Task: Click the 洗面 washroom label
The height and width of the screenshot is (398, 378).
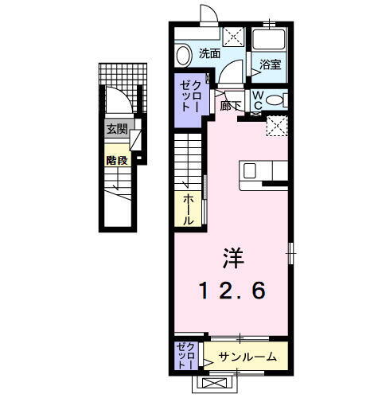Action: [209, 54]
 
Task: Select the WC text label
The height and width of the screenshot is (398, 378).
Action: [259, 99]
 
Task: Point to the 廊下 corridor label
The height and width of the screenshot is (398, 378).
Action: [230, 105]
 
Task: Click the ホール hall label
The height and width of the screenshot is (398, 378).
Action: [189, 208]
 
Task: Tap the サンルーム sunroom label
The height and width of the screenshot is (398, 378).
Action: [247, 357]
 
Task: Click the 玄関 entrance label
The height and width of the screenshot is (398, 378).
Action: [117, 129]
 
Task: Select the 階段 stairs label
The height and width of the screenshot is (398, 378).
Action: [117, 158]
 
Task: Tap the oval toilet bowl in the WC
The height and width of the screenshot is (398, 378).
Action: [275, 100]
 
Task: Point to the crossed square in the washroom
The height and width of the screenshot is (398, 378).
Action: [233, 36]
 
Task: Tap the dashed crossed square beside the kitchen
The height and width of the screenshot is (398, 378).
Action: [276, 125]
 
